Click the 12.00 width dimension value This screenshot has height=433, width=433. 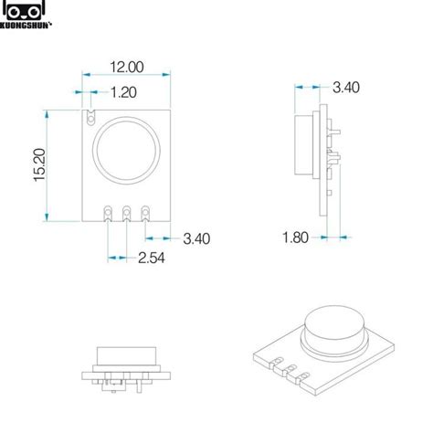pyautogui.click(x=128, y=67)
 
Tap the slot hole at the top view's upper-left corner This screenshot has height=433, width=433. pyautogui.click(x=90, y=116)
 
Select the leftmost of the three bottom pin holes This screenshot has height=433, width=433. pyautogui.click(x=108, y=214)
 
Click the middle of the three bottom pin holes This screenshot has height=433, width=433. pyautogui.click(x=127, y=214)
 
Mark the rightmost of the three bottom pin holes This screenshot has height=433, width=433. pyautogui.click(x=146, y=214)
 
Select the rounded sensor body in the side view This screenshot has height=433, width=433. pyautogui.click(x=302, y=145)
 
